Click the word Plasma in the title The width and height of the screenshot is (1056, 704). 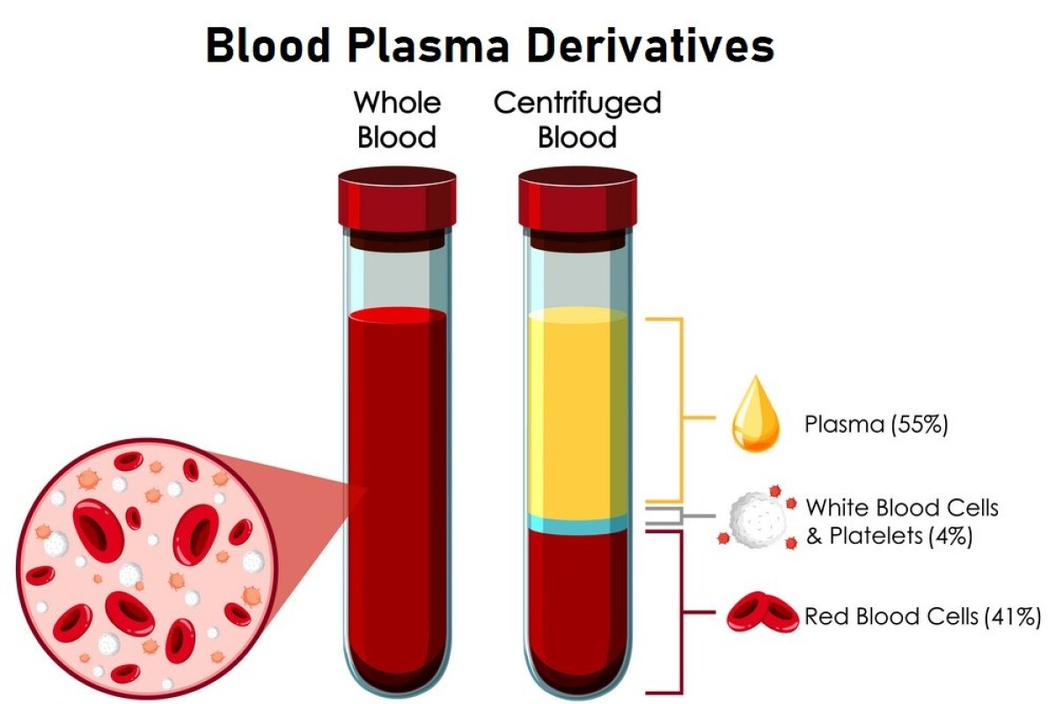coord(429,46)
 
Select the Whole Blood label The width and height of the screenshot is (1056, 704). coord(397,120)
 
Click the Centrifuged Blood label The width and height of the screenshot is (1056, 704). coord(577,120)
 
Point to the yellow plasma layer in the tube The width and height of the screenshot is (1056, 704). coord(578,413)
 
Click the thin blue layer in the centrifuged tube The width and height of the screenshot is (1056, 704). coord(578,524)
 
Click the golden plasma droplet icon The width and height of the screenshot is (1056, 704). coord(755,414)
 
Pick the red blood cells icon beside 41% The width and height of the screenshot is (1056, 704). coord(762,612)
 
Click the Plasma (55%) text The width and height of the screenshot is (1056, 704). coord(876,424)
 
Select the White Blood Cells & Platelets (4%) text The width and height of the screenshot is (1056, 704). coord(902,522)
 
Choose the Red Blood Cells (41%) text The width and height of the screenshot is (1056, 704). coord(922,616)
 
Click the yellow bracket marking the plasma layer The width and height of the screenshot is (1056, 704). coord(681,410)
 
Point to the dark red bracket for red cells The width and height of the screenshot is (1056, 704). coord(681,612)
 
